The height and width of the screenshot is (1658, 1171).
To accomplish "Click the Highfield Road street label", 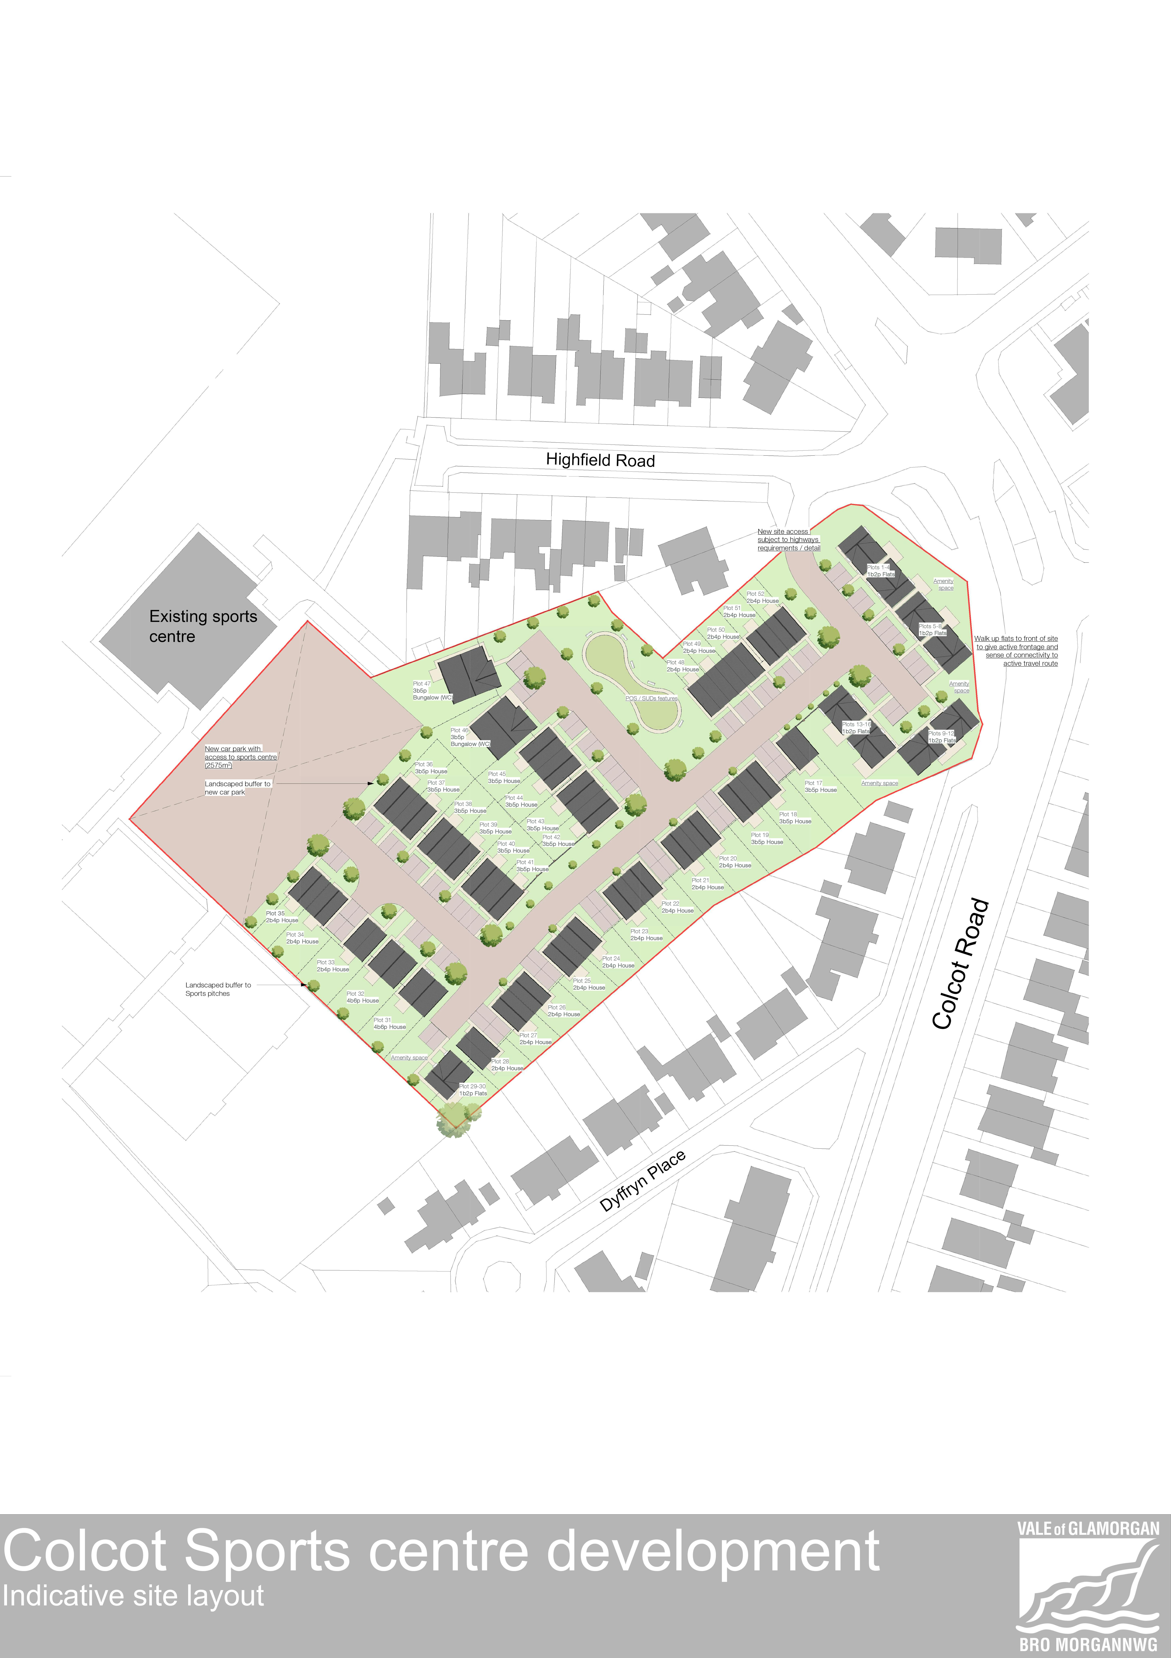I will coord(600,460).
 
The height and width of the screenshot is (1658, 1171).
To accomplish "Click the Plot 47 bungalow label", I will coord(432,690).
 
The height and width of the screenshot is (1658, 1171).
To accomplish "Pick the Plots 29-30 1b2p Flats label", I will coord(473,1090).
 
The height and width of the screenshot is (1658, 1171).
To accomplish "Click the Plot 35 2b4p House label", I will coord(282,916).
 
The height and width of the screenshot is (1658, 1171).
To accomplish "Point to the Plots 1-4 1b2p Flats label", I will coord(881,571).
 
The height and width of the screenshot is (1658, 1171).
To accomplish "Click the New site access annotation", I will coord(788,539).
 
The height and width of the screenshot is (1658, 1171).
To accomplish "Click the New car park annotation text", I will coord(240,757).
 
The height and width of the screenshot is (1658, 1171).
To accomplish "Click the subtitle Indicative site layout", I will coord(134,1595).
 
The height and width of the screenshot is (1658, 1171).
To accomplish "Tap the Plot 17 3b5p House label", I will coord(820,786).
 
